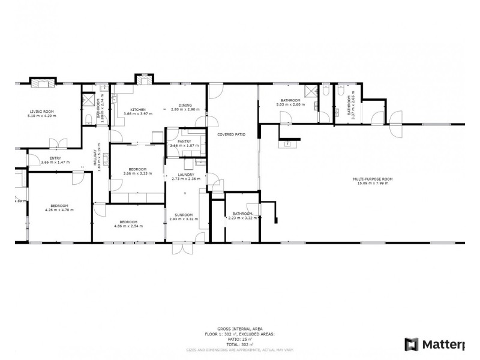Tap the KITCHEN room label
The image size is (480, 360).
click(134, 109)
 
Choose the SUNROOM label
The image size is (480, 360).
click(184, 215)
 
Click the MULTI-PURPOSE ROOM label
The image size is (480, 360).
click(373, 179)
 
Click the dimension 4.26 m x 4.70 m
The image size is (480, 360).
click(59, 210)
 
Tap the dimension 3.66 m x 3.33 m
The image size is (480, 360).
click(135, 173)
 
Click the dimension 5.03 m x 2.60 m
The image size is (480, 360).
click(290, 104)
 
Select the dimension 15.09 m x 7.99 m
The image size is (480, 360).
click(373, 183)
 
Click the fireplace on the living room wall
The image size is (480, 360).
click(42, 82)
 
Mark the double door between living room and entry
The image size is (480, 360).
click(58, 143)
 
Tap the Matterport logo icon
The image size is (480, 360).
click(412, 344)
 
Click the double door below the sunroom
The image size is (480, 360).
click(182, 248)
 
